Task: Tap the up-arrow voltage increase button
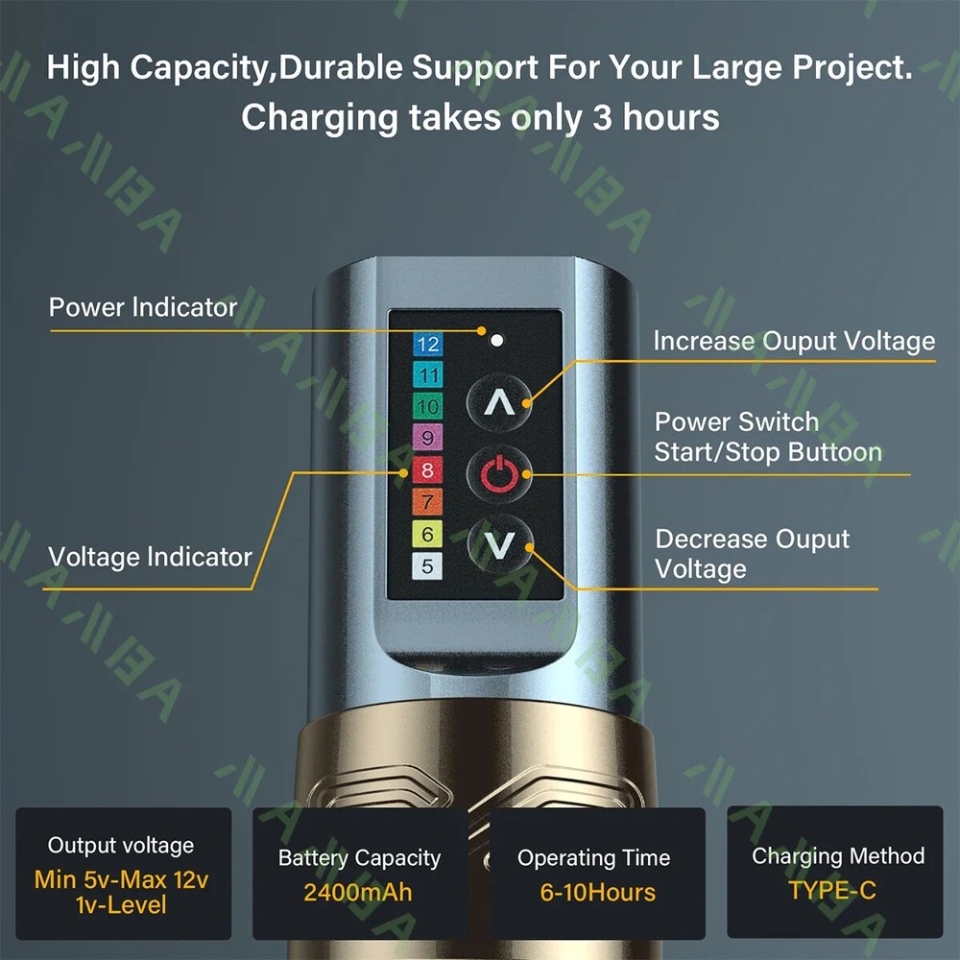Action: (499, 402)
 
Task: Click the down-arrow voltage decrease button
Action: (499, 544)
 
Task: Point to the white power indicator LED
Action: (496, 340)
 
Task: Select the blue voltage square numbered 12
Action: (428, 344)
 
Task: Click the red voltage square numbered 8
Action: (427, 469)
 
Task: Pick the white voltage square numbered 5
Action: (427, 566)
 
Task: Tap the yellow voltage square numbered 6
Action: (427, 534)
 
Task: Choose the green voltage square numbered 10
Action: (428, 406)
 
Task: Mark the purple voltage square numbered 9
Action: (427, 438)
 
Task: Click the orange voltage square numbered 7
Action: (427, 501)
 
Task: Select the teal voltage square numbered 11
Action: (428, 374)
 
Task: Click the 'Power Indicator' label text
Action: (143, 307)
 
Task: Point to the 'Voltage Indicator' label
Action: (150, 557)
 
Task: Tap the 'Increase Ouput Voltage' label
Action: (794, 341)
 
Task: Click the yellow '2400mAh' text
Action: (357, 892)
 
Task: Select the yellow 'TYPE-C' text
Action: (832, 890)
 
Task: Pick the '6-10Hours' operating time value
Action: (597, 892)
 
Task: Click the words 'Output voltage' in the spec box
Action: (121, 845)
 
